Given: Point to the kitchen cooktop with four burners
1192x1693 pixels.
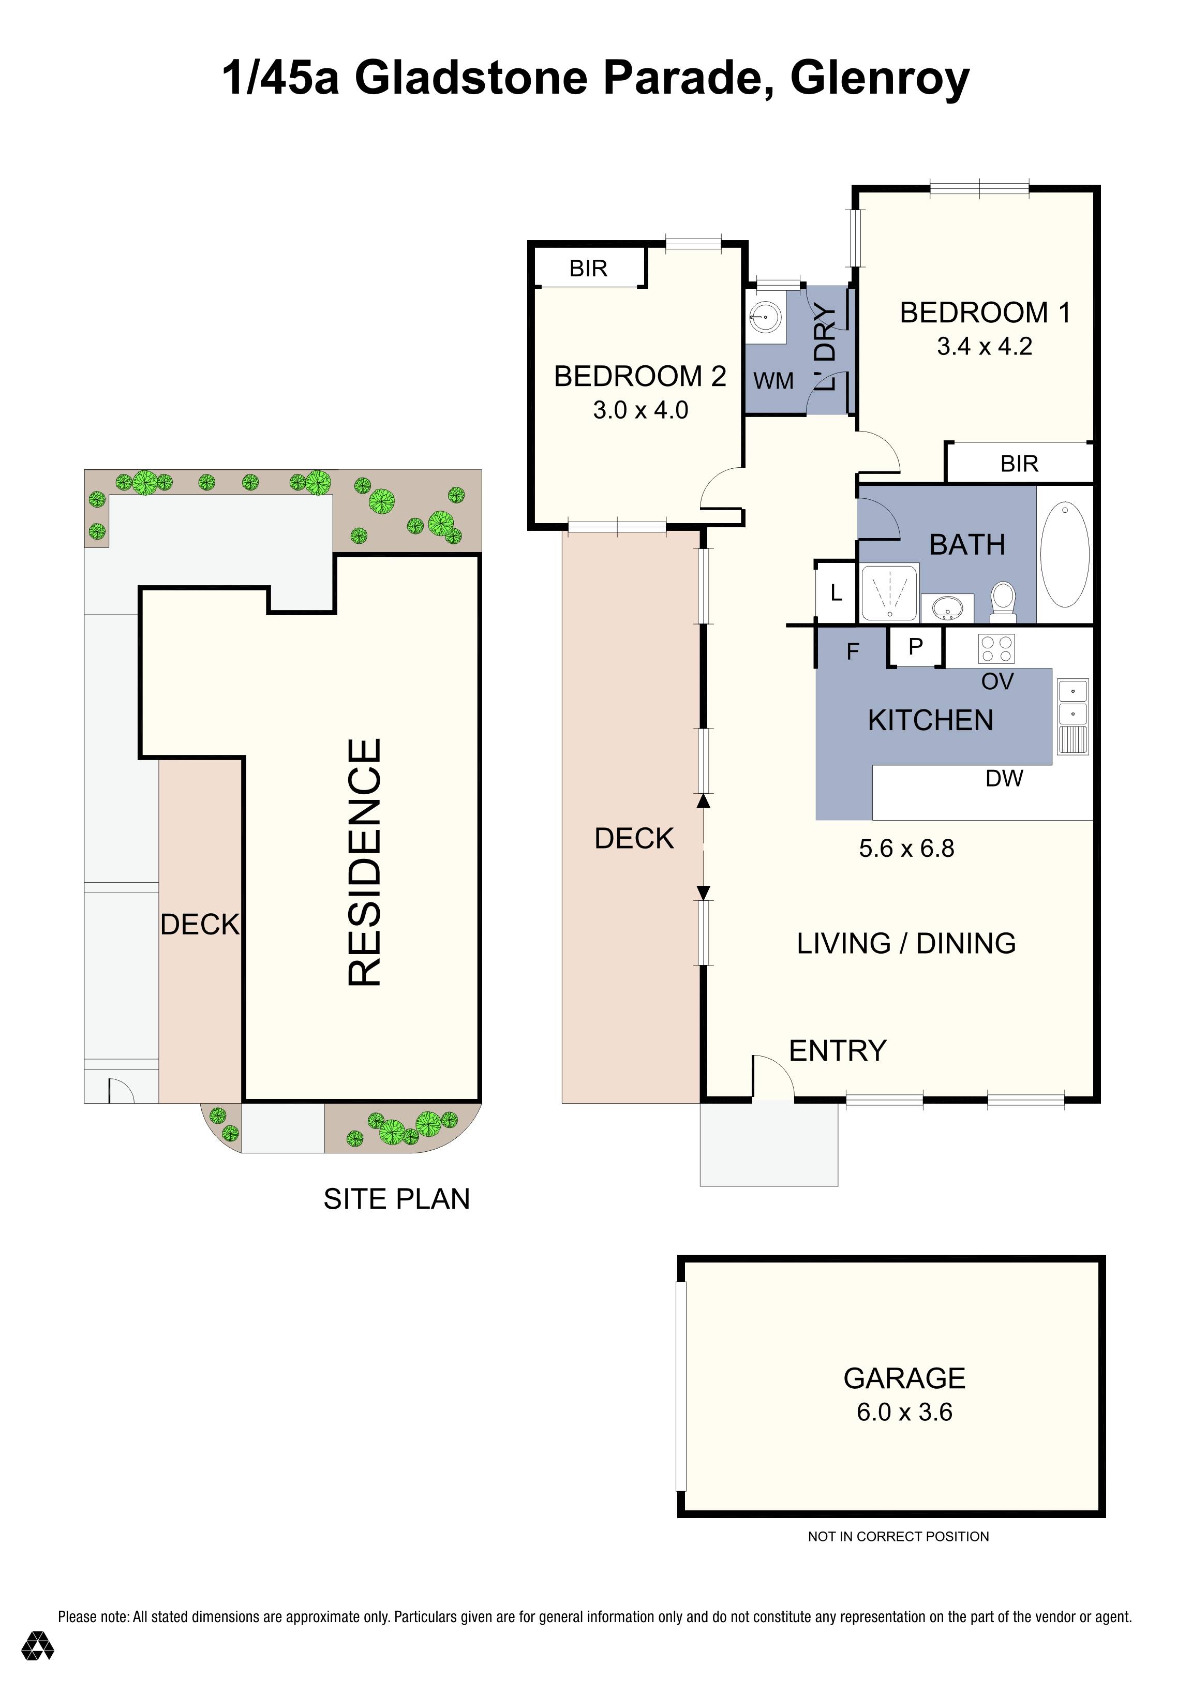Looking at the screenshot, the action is point(996,649).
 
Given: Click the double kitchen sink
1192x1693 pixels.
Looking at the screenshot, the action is point(1072,716).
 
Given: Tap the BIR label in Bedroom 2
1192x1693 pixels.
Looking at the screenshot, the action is point(588,269).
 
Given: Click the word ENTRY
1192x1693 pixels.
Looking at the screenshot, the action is point(838,1051).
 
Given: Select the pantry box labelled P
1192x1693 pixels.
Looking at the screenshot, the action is point(916,647).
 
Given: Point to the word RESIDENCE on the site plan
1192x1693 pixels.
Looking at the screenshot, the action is point(365,862).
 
